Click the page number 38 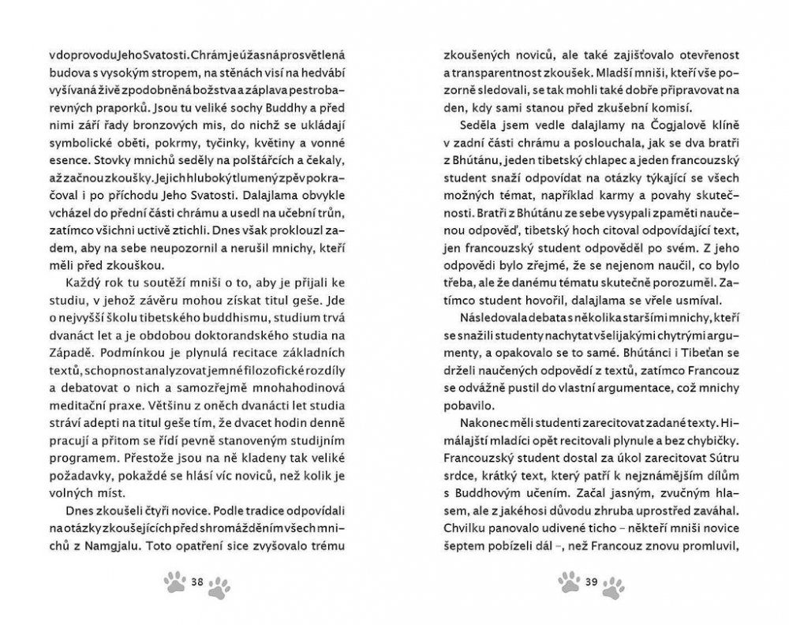[x=198, y=582]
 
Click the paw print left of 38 [x=175, y=582]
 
